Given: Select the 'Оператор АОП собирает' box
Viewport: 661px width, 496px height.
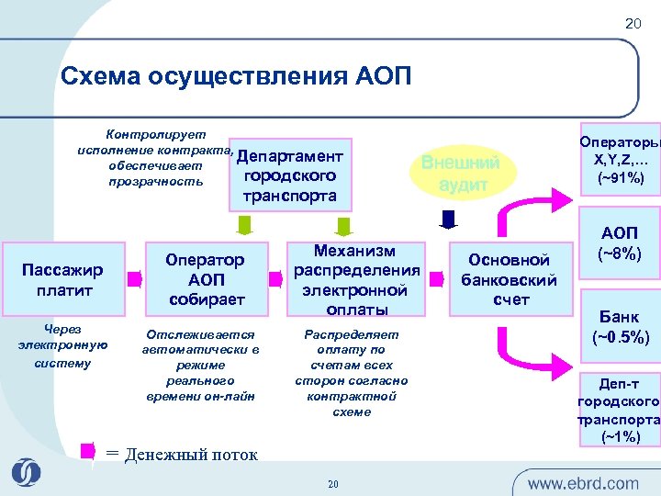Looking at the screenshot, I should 207,279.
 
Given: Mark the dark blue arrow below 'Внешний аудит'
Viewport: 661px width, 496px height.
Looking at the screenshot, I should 448,219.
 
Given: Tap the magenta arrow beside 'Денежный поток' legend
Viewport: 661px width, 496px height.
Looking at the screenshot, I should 88,451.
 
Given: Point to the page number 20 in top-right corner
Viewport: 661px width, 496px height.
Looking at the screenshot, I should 633,23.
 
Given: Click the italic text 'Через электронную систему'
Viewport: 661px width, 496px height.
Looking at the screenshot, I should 62,345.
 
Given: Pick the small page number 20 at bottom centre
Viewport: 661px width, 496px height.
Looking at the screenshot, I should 333,484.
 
